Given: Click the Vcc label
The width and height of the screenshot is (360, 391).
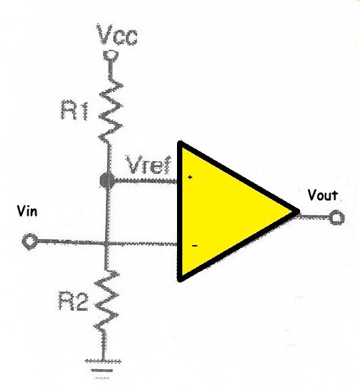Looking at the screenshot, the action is pos(117,35).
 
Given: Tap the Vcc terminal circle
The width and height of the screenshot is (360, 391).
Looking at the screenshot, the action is pos(110,55).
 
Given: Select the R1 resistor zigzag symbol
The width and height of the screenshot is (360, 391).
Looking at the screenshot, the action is pos(110,110).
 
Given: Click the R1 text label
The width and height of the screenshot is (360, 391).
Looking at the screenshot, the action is pos(75,110).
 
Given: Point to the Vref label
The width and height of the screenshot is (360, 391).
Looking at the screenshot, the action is pos(149,165).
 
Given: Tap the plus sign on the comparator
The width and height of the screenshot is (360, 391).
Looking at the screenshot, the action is pos(190,177).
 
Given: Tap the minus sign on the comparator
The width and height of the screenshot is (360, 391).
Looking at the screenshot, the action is pos(194,246).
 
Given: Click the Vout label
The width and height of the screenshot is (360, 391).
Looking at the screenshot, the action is pos(323,195).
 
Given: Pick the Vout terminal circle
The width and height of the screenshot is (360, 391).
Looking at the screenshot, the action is pos(337,217).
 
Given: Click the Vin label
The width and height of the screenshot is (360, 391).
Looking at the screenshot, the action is pos(27,211).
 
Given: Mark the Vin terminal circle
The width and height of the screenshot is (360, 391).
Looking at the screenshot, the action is pos(30,241).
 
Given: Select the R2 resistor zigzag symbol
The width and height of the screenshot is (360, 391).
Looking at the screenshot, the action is pos(106,302).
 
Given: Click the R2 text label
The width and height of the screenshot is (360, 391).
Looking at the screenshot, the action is pos(73,301).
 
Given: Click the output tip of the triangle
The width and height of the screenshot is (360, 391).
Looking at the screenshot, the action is pos(299,211).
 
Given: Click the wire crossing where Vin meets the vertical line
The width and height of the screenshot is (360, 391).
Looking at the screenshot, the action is pos(106,242).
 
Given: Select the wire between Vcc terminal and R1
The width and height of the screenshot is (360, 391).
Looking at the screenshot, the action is pos(110,69).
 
